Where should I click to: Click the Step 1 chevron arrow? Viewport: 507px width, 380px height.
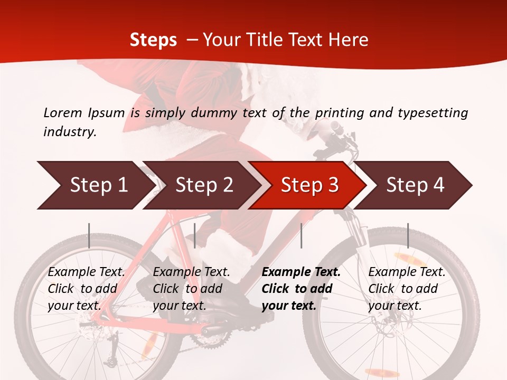[95, 185]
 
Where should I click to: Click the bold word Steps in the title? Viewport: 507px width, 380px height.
[153, 40]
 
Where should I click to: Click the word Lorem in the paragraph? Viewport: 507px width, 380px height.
[62, 112]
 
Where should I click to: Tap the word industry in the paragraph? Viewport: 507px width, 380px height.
[69, 132]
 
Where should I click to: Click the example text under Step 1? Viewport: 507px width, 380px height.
[86, 289]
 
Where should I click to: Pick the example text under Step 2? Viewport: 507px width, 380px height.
[191, 289]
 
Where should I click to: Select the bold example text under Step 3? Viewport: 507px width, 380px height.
[301, 289]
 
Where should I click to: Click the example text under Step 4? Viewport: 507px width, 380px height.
[407, 289]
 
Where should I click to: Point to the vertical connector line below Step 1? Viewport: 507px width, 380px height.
[89, 235]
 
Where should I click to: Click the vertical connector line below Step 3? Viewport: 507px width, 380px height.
[301, 235]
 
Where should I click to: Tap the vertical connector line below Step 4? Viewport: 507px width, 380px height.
[408, 235]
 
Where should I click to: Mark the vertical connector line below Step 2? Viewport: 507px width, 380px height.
[195, 235]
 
